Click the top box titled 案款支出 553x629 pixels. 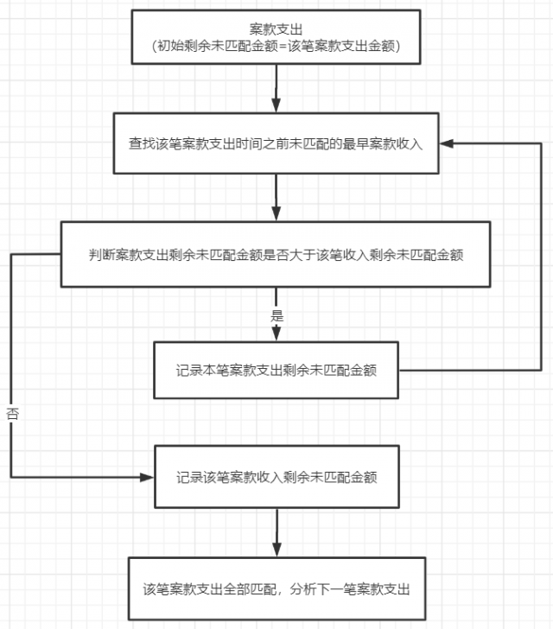(276, 37)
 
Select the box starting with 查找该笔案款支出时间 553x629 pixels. (276, 143)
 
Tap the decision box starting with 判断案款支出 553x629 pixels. (276, 254)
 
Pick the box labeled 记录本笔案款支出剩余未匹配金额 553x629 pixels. (276, 370)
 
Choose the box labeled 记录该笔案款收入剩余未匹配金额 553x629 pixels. (276, 477)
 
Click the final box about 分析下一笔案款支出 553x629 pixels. (276, 588)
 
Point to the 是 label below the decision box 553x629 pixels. (276, 315)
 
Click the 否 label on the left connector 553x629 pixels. (13, 414)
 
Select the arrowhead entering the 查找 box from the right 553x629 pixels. (446, 143)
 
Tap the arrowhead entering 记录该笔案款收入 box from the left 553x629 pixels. (147, 477)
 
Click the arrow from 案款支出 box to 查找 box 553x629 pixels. (276, 88)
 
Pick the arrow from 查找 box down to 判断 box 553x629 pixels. (276, 197)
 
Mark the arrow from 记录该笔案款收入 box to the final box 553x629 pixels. (276, 532)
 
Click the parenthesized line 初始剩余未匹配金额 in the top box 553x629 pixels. (276, 46)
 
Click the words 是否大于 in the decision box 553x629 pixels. (289, 255)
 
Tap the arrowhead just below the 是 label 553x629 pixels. (276, 334)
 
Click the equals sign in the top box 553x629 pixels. (283, 46)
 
